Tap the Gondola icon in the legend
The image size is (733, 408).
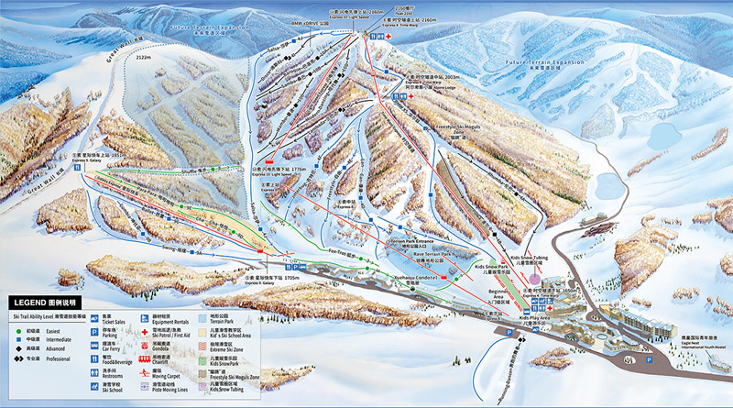146,346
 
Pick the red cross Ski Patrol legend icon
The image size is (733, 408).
146,334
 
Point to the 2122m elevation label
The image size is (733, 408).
143,57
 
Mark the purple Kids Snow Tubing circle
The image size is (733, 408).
534,278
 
